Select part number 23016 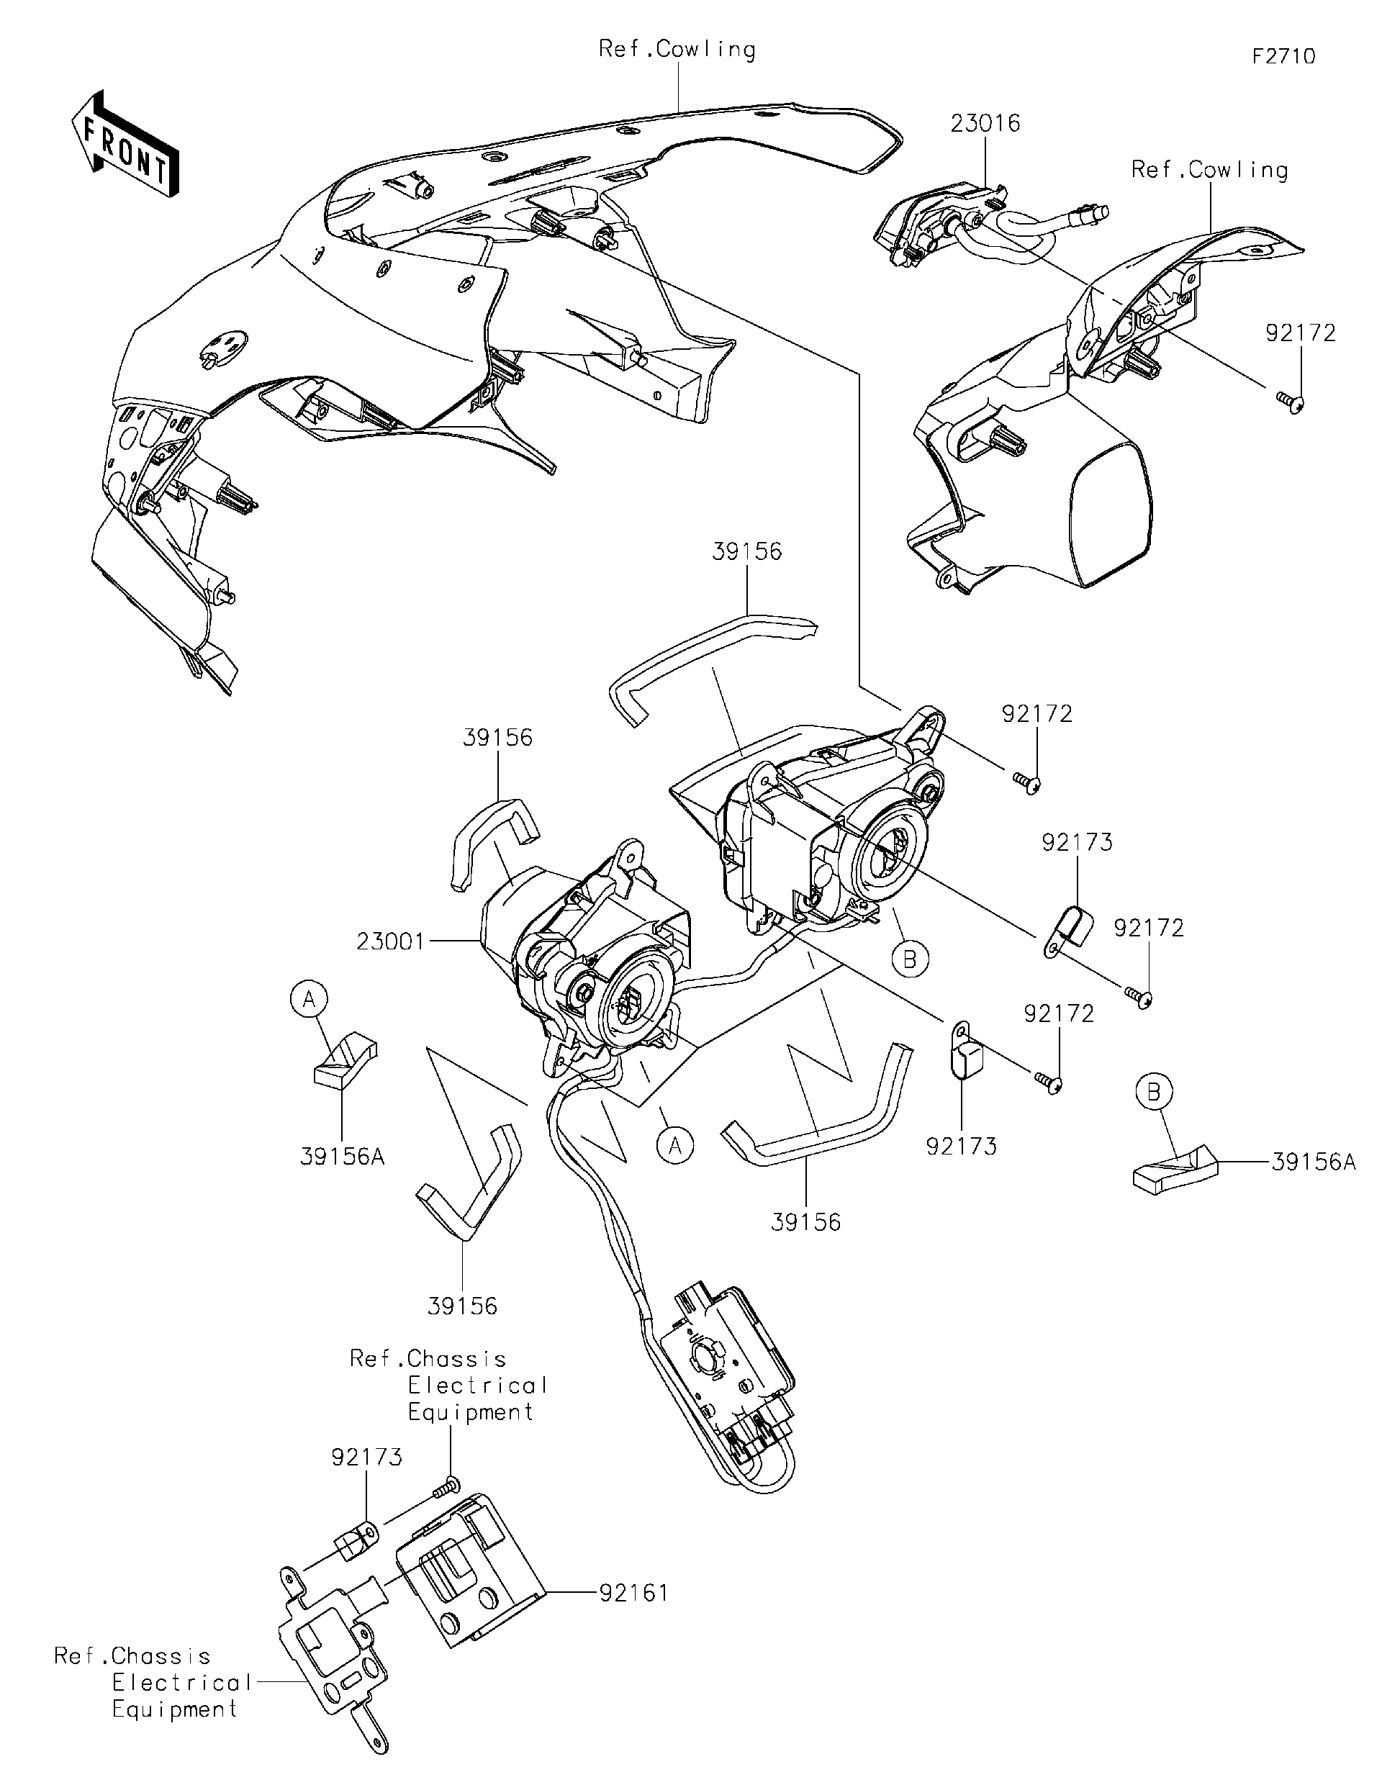pos(985,123)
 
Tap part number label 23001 pos(391,942)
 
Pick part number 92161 pos(633,1593)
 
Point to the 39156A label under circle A pos(342,1157)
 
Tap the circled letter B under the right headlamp pos(910,958)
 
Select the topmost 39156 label pos(746,551)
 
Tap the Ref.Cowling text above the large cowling pos(677,49)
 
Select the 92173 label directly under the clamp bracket pos(961,1147)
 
